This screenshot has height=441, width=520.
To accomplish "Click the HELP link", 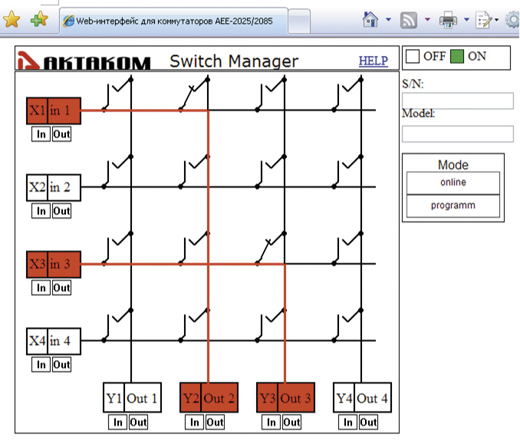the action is coord(373,61).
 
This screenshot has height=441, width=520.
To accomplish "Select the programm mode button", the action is coord(453,206).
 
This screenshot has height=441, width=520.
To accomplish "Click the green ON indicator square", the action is coord(457,56).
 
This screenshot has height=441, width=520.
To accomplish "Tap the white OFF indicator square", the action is coord(413,56).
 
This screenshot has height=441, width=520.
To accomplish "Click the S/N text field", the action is coord(458,100).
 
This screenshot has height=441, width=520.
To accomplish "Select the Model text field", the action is coord(458,134).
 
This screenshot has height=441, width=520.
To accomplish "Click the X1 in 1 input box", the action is coord(54,110).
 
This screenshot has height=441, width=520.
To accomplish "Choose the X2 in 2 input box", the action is coord(54,188).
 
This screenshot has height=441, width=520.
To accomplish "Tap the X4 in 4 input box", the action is coord(54,341).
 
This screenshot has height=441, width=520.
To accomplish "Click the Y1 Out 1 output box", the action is coord(133,397).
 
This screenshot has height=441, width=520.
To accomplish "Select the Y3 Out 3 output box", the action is coord(285,397).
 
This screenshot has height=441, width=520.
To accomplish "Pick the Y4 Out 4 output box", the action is coord(363,397).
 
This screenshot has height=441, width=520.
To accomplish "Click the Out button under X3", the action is coord(61,288).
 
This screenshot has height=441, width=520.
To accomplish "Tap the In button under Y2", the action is coord(195,422).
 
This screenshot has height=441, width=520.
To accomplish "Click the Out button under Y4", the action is coord(368,422).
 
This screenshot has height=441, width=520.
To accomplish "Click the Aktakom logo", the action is coord(84,61).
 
